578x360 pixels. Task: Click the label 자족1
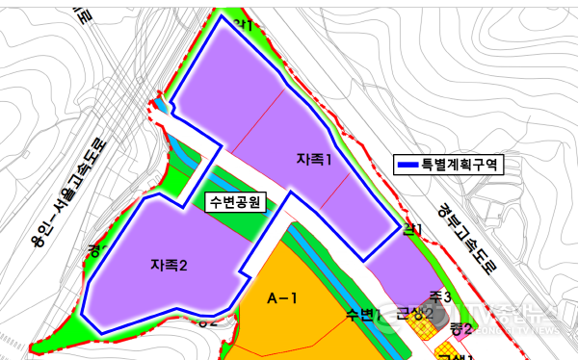tap(315, 159)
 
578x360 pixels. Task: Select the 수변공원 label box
tap(237, 202)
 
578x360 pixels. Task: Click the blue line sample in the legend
tap(411, 166)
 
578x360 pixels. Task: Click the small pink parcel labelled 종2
tap(460, 328)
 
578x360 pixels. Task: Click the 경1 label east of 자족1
tap(413, 229)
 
